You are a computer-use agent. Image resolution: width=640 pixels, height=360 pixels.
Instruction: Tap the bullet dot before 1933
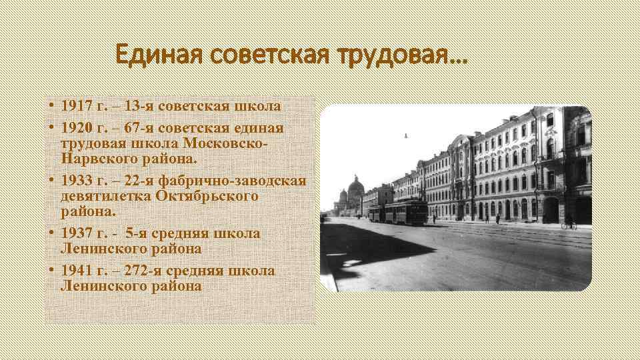(51, 181)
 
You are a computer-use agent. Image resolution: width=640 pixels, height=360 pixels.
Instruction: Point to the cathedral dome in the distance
(355, 188)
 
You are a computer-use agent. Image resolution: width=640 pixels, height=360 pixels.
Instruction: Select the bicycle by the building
(568, 225)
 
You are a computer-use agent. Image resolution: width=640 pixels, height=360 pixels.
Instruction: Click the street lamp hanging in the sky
(405, 136)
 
